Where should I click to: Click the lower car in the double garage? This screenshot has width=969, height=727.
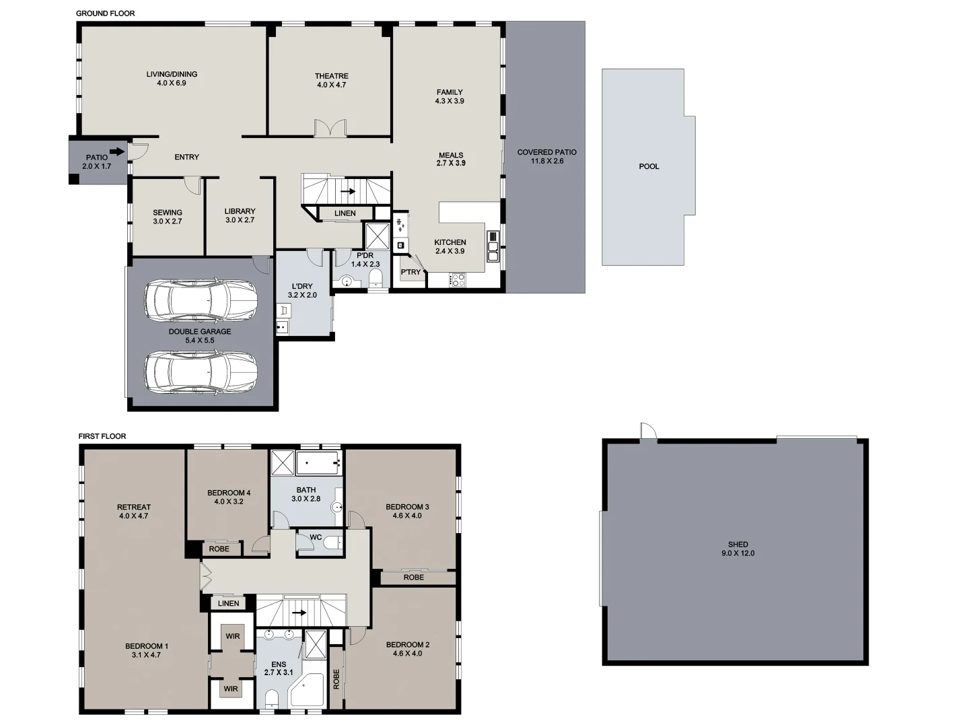tap(201, 371)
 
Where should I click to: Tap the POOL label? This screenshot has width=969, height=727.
tap(649, 166)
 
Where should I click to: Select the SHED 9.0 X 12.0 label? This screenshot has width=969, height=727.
tap(738, 549)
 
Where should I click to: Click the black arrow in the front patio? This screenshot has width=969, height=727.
tap(116, 151)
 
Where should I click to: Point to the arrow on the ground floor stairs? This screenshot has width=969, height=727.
tap(348, 191)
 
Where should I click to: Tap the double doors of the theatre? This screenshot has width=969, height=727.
tap(330, 129)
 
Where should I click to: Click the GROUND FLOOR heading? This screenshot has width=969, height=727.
tap(105, 13)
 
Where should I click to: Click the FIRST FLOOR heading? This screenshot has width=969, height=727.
tap(102, 436)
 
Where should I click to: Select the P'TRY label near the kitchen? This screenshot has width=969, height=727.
tap(410, 272)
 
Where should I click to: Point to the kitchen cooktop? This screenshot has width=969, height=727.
tap(458, 279)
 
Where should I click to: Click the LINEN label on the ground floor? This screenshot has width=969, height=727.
tap(345, 213)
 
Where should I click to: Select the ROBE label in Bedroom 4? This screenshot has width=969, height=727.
tap(219, 549)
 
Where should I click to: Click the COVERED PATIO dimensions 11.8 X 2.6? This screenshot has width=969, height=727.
tap(547, 162)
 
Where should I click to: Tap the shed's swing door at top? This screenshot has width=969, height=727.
tap(647, 431)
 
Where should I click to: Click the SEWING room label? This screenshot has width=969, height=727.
tap(167, 213)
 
